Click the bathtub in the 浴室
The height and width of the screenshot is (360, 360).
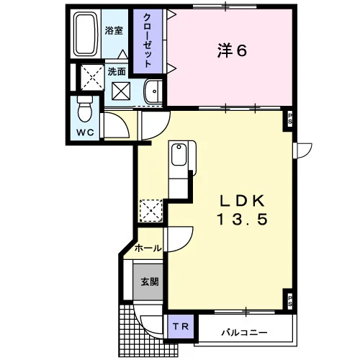pyautogui.click(x=86, y=34)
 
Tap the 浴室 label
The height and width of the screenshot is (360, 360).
pyautogui.click(x=114, y=31)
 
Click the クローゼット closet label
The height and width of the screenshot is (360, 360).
pyautogui.click(x=147, y=41)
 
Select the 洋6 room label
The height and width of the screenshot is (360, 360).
pyautogui.click(x=232, y=50)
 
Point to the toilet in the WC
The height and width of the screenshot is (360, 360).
pyautogui.click(x=85, y=109)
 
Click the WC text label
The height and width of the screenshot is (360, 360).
pyautogui.click(x=85, y=132)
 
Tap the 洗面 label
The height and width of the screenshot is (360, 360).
pyautogui.click(x=117, y=71)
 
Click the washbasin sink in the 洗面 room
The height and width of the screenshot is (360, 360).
pyautogui.click(x=153, y=91)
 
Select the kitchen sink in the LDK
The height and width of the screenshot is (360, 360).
pyautogui.click(x=179, y=154)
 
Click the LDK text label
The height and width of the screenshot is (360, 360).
pyautogui.click(x=243, y=201)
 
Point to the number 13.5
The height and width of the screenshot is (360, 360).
pyautogui.click(x=242, y=220)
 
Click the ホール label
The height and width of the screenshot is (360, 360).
pyautogui.click(x=148, y=248)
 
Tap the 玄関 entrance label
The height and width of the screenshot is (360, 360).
pyautogui.click(x=150, y=282)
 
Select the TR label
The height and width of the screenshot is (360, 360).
pyautogui.click(x=181, y=326)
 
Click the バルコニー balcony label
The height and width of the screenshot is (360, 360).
pyautogui.click(x=244, y=333)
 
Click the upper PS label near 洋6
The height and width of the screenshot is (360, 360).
pyautogui.click(x=290, y=119)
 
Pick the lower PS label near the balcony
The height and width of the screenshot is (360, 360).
pyautogui.click(x=290, y=301)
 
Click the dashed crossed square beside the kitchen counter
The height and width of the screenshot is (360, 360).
pyautogui.click(x=151, y=210)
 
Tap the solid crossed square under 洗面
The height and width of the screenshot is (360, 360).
pyautogui.click(x=121, y=91)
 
